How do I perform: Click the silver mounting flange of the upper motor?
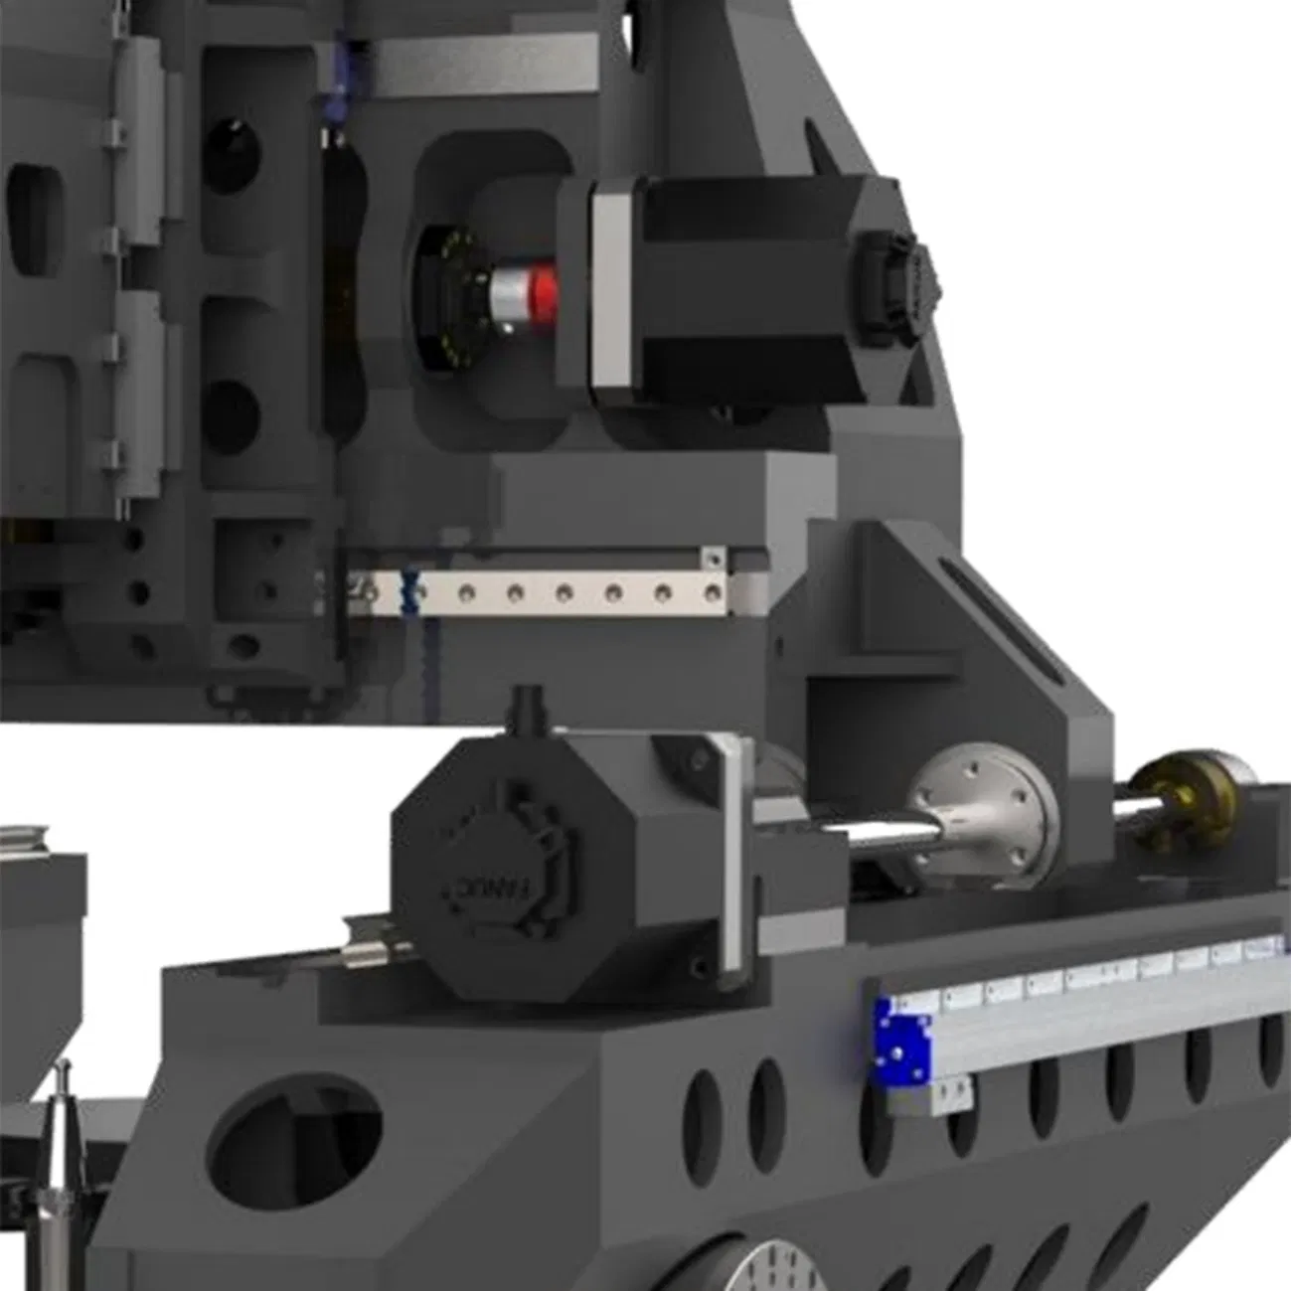610,288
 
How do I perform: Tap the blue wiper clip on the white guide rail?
407,587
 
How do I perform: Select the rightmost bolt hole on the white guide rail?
712,594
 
